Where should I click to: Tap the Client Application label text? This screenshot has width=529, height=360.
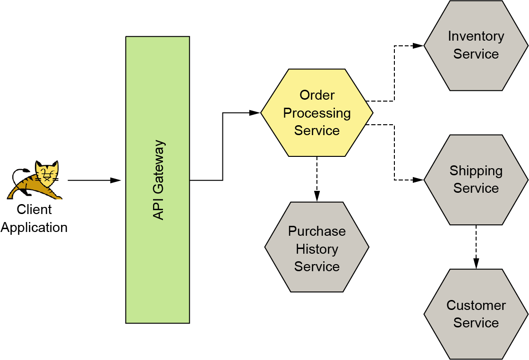(x=34, y=218)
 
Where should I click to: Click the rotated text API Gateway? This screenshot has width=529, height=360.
(x=159, y=180)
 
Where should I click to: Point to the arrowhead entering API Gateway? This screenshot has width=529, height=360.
(x=116, y=180)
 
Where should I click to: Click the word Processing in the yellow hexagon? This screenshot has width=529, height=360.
(x=317, y=113)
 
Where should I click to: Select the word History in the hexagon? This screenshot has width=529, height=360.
(x=317, y=249)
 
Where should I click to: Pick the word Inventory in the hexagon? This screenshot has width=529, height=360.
(x=476, y=36)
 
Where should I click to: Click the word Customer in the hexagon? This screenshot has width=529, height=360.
(x=476, y=306)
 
